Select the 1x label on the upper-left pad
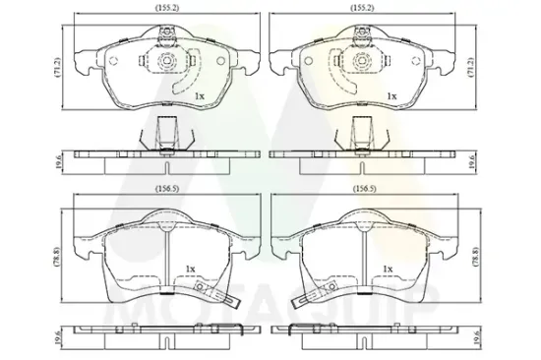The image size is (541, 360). click(x=199, y=95)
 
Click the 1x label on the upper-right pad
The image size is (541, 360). click(x=390, y=95)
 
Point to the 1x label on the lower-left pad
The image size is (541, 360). click(x=190, y=268)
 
